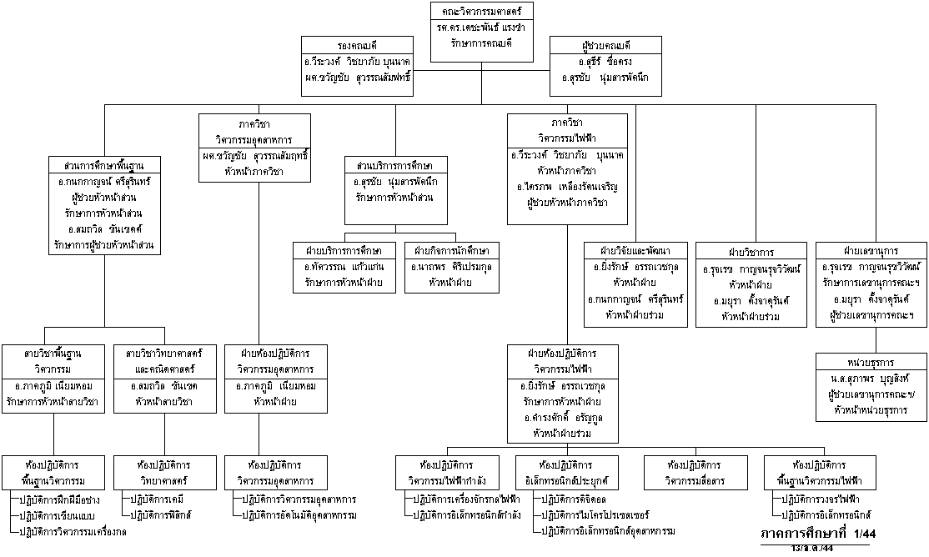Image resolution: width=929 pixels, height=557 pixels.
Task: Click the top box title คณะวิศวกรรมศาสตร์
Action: (482, 12)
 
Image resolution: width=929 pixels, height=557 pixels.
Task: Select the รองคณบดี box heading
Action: (357, 45)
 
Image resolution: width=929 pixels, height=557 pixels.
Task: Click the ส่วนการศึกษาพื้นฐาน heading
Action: (104, 164)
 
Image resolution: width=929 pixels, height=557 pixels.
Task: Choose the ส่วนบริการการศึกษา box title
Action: (399, 164)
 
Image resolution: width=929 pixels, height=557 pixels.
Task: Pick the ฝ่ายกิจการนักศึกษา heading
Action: (449, 250)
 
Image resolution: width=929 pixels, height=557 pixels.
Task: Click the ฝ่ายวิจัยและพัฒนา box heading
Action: (635, 250)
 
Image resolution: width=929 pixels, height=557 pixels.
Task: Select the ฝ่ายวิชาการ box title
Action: (751, 251)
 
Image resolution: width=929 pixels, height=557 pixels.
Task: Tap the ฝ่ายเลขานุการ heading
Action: (871, 250)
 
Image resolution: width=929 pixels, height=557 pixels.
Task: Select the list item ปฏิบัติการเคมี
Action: (155, 499)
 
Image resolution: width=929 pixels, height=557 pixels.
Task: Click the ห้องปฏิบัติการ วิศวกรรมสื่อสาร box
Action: (695, 472)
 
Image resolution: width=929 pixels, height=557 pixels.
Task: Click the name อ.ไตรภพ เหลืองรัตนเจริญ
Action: (567, 187)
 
